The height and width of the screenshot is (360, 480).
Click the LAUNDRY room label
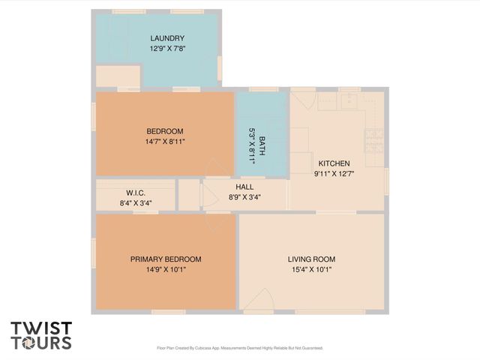coord(166,38)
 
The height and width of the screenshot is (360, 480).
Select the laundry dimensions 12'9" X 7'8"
coord(166,49)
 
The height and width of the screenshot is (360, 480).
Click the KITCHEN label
coord(334,163)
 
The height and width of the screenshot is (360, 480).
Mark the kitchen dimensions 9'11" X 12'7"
coord(334,173)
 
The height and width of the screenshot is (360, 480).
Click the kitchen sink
coord(349,99)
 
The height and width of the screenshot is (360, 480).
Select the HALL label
coord(244,187)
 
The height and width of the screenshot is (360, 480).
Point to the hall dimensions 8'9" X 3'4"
coord(244,197)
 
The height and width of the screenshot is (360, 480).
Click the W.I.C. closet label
coord(135,193)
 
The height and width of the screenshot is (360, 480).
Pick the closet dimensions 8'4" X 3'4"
coord(135,202)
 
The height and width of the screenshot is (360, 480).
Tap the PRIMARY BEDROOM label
coord(166,259)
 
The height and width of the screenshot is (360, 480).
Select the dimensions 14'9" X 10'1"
coord(166,269)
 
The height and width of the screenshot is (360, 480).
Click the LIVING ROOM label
coord(310,259)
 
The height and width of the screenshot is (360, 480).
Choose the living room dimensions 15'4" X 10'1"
coord(310,269)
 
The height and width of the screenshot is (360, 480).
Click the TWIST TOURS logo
coord(41,335)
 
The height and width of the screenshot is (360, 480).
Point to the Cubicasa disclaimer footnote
coord(239,348)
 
